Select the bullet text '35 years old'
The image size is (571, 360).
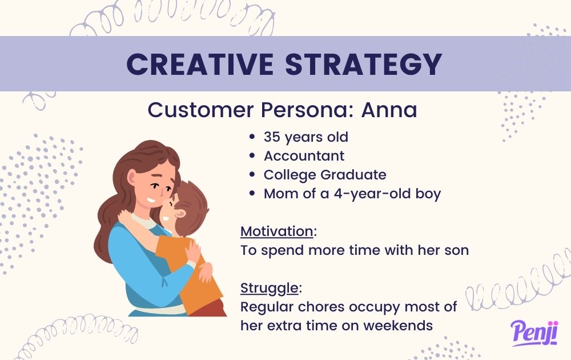point(305,137)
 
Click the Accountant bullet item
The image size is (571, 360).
point(304,156)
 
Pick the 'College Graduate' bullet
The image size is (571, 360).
point(325,175)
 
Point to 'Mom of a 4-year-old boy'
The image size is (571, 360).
point(352,194)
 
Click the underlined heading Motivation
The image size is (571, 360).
point(276,231)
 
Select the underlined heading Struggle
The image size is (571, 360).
point(268,287)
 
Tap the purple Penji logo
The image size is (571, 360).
point(534,333)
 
